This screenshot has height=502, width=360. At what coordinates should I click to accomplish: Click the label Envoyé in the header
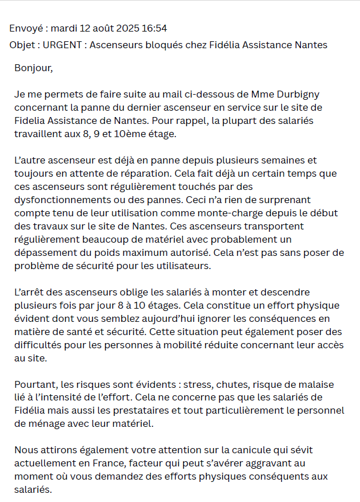point(26,28)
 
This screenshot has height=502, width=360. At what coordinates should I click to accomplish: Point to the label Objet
point(23,45)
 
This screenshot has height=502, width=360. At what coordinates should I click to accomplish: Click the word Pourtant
point(36,384)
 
